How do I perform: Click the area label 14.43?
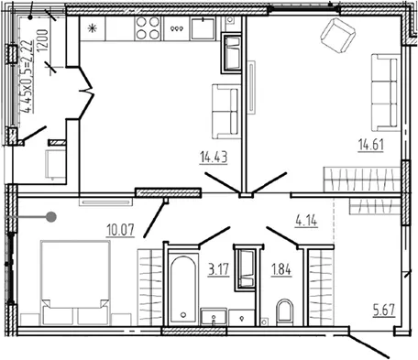(214, 158)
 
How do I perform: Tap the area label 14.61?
(371, 145)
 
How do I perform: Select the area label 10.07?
(121, 230)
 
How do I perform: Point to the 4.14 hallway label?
(306, 221)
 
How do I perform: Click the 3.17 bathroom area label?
(218, 270)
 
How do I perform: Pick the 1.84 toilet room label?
(281, 270)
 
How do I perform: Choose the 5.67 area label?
(384, 311)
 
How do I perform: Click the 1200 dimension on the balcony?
(43, 40)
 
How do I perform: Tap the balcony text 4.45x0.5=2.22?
(28, 76)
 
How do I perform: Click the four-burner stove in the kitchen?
(148, 28)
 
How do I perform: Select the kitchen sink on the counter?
(203, 28)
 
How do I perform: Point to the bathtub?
(183, 289)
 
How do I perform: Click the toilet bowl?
(284, 312)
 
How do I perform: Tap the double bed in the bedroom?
(75, 283)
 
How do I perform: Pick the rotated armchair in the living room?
(337, 36)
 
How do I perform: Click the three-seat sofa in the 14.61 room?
(386, 93)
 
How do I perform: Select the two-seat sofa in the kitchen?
(226, 112)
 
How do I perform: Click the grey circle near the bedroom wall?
(51, 217)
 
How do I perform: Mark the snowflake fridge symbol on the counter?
(92, 28)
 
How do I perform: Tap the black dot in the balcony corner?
(30, 17)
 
